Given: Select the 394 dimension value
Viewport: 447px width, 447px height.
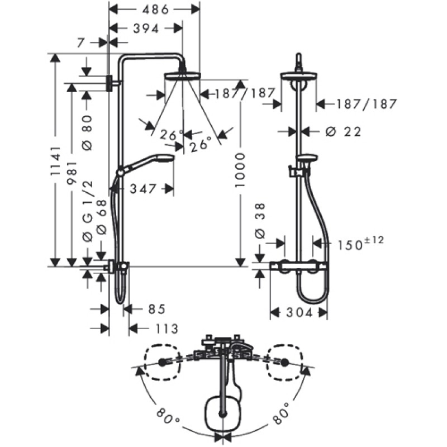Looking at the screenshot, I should click(144, 28).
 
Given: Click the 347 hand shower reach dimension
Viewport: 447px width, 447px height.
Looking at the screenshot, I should click(143, 189).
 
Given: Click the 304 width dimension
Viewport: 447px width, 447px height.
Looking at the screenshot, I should click(298, 313).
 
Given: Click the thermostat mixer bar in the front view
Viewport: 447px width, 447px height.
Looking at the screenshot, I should click(298, 267).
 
